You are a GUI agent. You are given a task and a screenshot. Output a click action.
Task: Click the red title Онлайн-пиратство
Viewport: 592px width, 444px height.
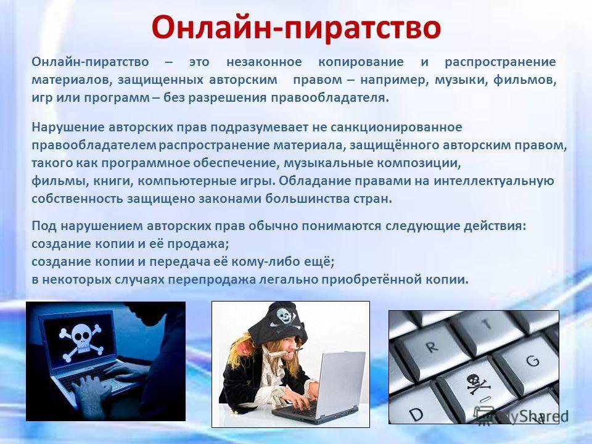[296, 28]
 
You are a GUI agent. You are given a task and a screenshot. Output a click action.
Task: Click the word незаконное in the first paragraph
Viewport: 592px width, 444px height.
[264, 62]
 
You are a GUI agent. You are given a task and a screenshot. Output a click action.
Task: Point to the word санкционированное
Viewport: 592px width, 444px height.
[397, 127]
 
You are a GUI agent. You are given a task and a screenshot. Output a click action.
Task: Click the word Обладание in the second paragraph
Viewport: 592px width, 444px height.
[315, 181]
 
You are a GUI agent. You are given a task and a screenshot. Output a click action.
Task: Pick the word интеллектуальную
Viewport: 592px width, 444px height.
[494, 181]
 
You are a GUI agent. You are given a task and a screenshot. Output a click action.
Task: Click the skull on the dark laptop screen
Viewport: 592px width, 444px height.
[81, 341]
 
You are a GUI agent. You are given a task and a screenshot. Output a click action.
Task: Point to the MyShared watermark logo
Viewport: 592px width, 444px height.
[521, 416]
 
